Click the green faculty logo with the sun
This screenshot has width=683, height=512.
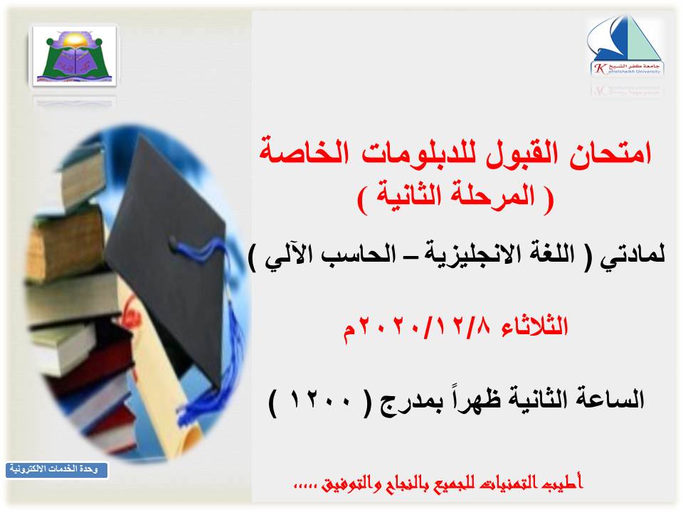[x=75, y=56]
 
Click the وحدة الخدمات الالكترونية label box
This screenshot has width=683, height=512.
[x=57, y=469]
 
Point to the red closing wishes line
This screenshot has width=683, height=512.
[x=438, y=484]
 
